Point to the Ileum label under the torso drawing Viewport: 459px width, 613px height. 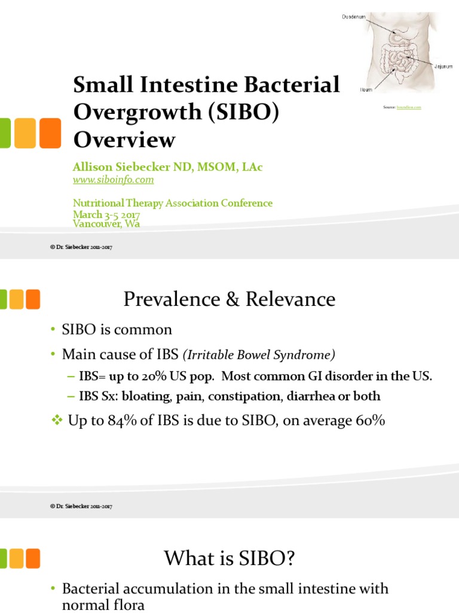click(x=366, y=90)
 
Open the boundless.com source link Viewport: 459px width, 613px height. click(x=409, y=107)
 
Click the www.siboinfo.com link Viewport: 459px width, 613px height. click(x=114, y=180)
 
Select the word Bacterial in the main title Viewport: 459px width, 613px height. click(x=294, y=85)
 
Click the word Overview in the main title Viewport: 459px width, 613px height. click(x=124, y=139)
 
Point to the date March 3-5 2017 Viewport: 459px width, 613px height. click(x=106, y=214)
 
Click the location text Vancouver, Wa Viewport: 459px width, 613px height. click(x=107, y=224)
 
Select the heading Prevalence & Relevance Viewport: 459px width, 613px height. click(x=229, y=299)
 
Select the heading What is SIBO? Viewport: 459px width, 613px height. click(x=229, y=559)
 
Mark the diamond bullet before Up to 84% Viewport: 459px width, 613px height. click(x=57, y=421)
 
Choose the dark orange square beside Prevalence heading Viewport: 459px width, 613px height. click(x=33, y=299)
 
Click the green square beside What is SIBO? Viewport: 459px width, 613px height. click(x=2, y=559)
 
